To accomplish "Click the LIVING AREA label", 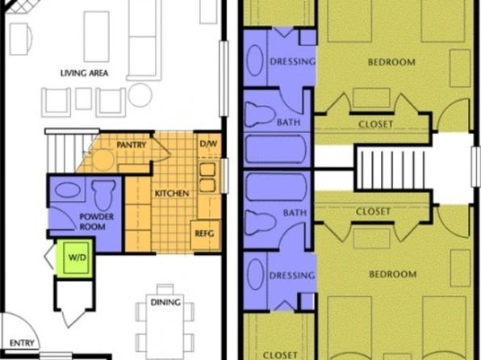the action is click(x=85, y=73).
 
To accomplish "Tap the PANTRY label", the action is click(x=131, y=144).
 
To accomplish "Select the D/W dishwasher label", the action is click(x=208, y=144).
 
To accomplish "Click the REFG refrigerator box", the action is click(x=205, y=234).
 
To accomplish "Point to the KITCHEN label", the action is click(x=172, y=194).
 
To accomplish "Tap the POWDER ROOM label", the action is click(x=96, y=222).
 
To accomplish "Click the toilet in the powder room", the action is click(x=103, y=195).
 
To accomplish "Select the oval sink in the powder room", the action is click(x=68, y=190).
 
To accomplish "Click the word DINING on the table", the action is click(x=165, y=303).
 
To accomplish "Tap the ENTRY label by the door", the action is click(x=22, y=343).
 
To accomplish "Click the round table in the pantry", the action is click(x=103, y=160).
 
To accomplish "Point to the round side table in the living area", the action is click(x=140, y=94).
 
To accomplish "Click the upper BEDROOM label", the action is click(x=391, y=62).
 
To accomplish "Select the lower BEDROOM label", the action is click(x=393, y=274).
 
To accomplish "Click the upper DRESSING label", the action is click(x=293, y=61).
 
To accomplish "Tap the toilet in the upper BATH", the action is click(x=260, y=115).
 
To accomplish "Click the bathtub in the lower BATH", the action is click(x=276, y=187).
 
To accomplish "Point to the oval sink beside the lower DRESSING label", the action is click(x=255, y=274).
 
